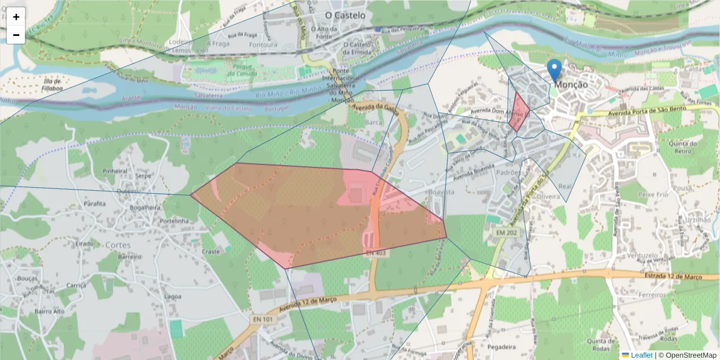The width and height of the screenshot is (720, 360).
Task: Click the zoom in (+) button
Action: click(x=16, y=17)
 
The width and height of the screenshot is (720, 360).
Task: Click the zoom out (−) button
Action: click(x=16, y=35)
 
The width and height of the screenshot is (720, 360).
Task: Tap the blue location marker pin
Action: click(x=555, y=70)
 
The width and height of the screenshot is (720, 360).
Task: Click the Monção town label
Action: click(x=571, y=85)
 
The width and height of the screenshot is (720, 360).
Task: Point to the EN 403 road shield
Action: click(x=376, y=254)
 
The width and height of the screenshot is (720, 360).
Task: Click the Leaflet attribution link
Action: click(x=641, y=355)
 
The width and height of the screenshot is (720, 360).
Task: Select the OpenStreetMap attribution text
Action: click(x=690, y=355)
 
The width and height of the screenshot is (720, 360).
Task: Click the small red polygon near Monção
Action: click(x=519, y=112)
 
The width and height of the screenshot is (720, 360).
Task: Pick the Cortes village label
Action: click(x=117, y=245)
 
